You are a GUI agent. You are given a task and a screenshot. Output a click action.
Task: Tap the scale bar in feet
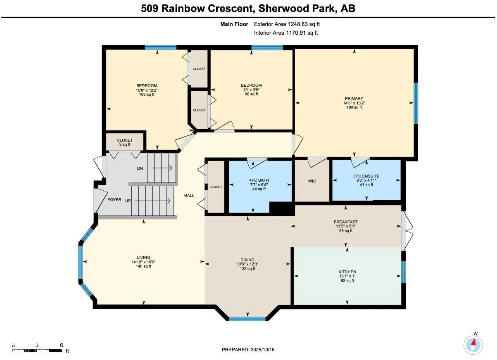pyautogui.click(x=37, y=351)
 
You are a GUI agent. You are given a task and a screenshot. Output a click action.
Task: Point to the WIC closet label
pyautogui.click(x=312, y=181)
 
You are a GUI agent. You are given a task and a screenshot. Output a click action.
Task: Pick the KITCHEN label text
pyautogui.click(x=347, y=272)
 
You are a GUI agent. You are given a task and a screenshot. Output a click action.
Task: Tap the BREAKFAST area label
pyautogui.click(x=346, y=222)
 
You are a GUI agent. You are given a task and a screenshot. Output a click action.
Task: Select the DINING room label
pyautogui.click(x=248, y=260)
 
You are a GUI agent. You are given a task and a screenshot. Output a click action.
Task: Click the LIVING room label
pyautogui.click(x=144, y=257)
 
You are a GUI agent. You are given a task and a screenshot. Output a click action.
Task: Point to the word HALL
pyautogui.click(x=189, y=196)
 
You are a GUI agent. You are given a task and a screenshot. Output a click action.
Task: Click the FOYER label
pyautogui.click(x=114, y=200)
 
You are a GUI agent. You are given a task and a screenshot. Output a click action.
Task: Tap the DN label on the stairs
pyautogui.click(x=140, y=168)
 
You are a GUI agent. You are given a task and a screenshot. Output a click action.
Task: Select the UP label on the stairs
pyautogui.click(x=128, y=201)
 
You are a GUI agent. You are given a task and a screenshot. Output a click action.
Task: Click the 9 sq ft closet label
pyautogui.click(x=124, y=144)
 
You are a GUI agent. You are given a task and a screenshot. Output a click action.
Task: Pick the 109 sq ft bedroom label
pyautogui.click(x=147, y=95)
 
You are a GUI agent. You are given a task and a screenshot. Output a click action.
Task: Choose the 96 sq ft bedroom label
pyautogui.click(x=251, y=94)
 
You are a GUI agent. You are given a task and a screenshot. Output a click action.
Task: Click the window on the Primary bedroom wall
pyautogui.click(x=416, y=103)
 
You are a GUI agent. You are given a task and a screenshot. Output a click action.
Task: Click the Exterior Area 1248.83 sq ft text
pyautogui.click(x=287, y=24)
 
